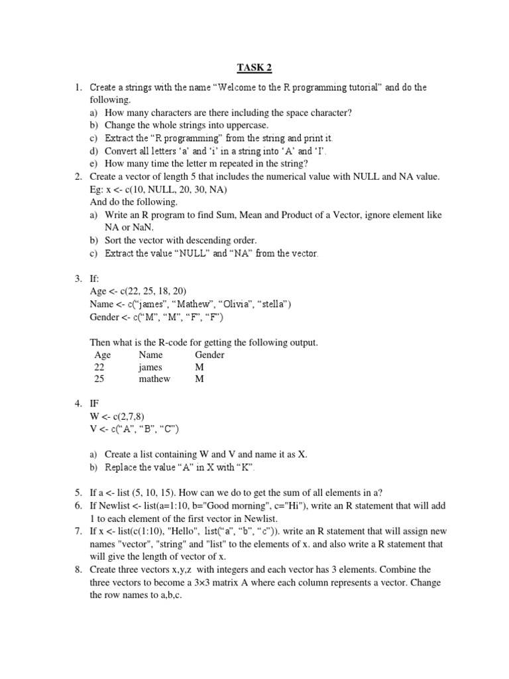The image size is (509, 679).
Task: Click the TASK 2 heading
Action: point(255,68)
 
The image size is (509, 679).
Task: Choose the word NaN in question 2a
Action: point(144,227)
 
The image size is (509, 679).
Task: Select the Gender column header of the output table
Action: point(209,355)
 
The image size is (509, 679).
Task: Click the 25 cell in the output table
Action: point(100,379)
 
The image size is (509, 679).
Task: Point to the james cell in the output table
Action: point(150,367)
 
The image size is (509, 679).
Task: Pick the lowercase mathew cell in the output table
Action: point(154,379)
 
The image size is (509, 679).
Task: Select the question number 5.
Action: point(78,492)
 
